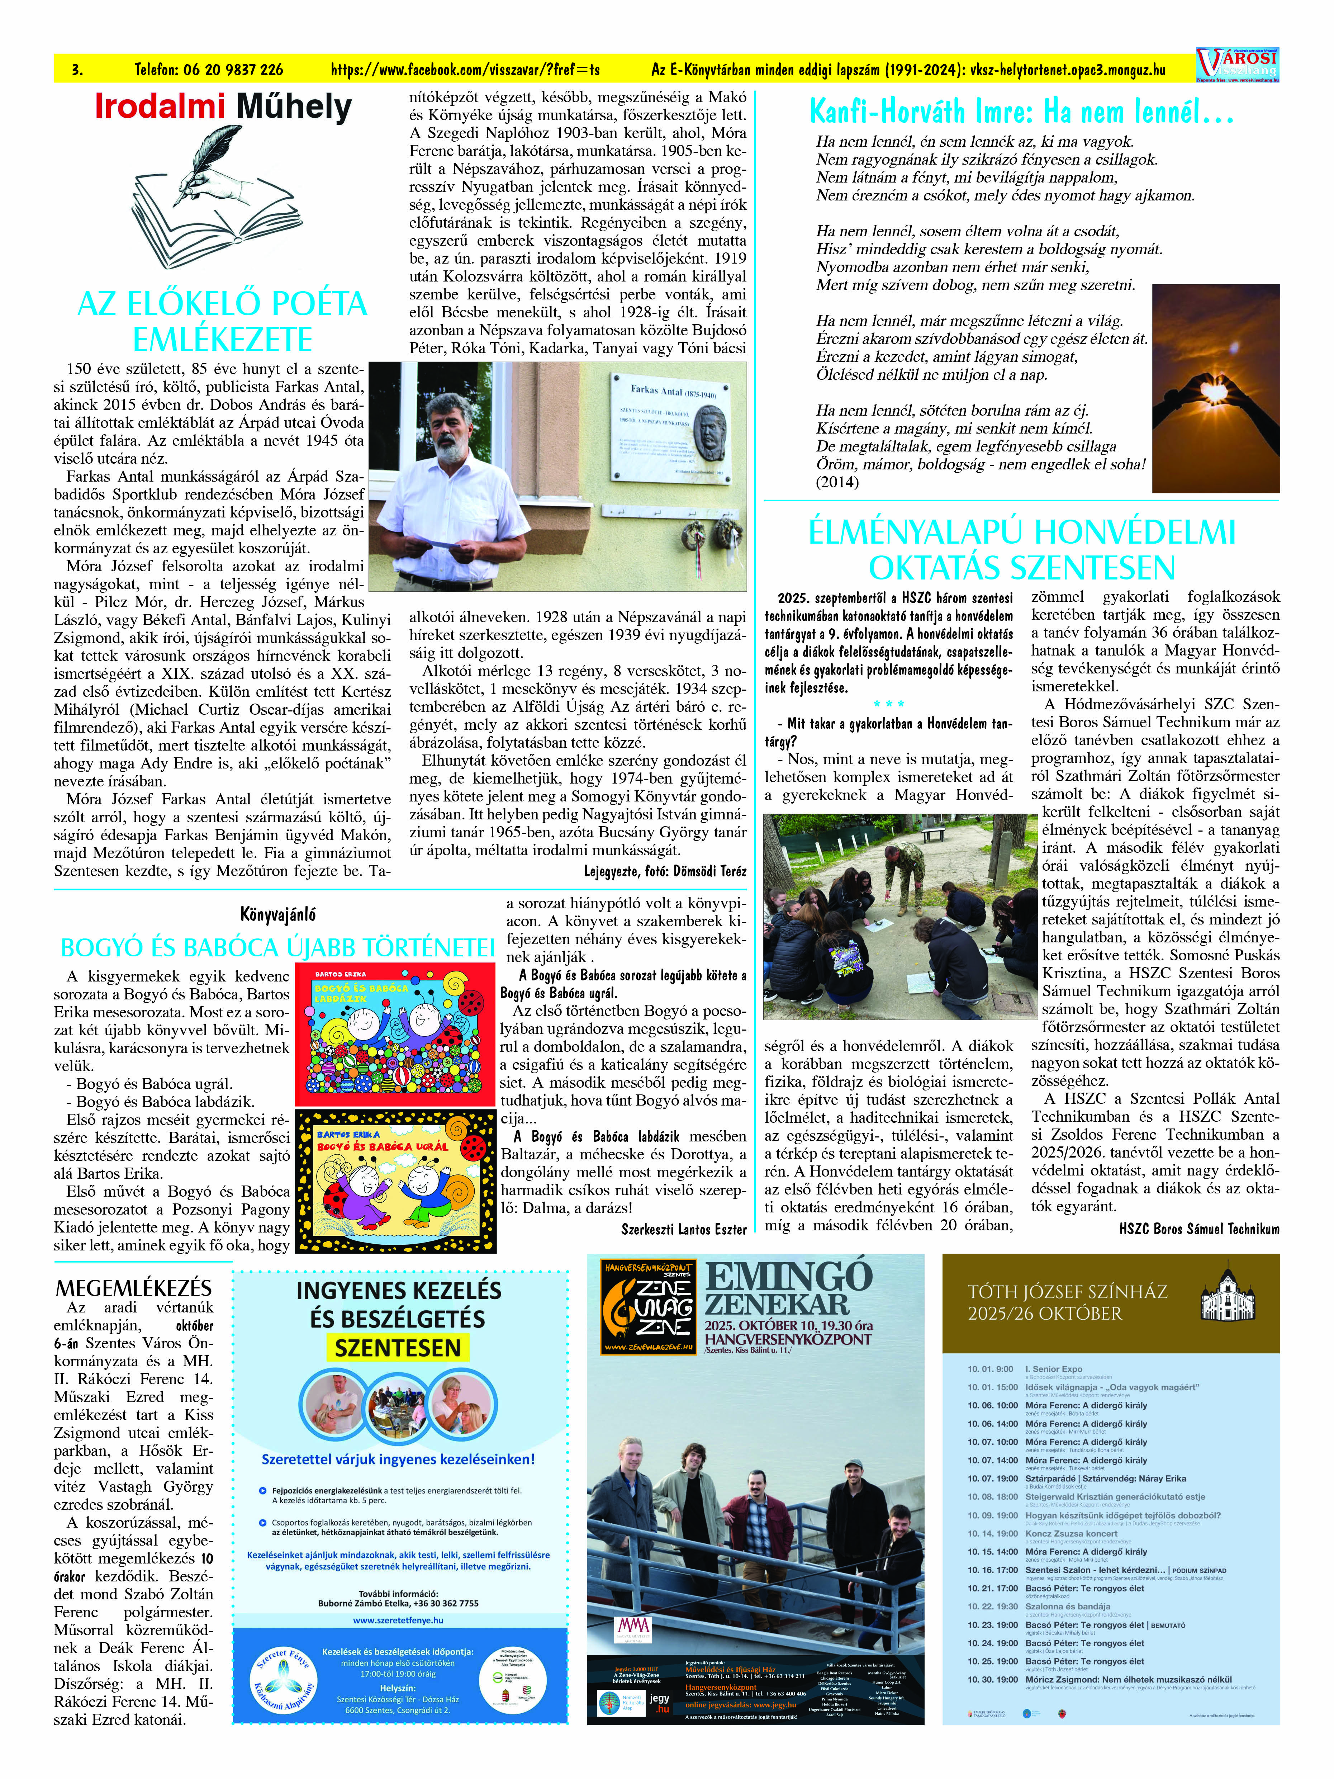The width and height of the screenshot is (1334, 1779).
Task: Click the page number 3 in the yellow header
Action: coord(77,70)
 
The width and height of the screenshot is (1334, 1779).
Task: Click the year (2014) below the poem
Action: coord(837,483)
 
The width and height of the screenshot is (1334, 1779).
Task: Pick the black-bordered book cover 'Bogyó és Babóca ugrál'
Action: coord(395,1181)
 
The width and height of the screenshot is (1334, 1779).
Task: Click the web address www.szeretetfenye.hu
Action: coord(398,1620)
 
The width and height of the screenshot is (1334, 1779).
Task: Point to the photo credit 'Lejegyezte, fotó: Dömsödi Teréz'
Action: coord(665,871)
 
